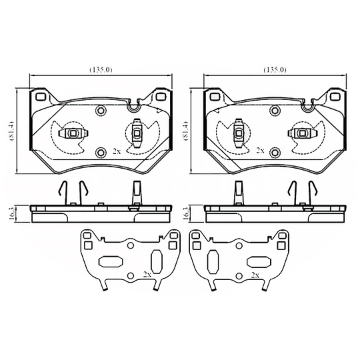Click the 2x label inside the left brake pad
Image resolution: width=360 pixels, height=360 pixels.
[117, 151]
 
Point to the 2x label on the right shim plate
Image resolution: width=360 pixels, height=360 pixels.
[254, 274]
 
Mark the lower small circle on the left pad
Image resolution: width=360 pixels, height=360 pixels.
[101, 151]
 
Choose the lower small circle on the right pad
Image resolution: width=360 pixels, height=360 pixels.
[274, 151]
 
